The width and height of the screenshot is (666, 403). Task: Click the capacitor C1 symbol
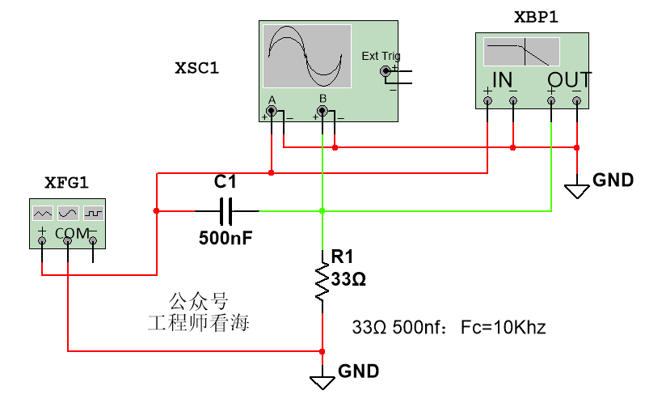226,211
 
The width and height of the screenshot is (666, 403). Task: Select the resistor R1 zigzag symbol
322,281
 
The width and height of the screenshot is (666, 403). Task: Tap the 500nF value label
226,238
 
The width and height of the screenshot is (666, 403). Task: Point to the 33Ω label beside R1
348,279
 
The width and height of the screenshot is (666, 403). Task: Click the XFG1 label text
67,183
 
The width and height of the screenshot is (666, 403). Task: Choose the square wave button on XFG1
94,213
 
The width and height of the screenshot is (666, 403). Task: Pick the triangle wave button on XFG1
43,213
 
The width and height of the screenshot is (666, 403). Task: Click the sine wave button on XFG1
68,213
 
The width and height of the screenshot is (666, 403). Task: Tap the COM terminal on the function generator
68,241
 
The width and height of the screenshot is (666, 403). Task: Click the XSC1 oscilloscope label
197,68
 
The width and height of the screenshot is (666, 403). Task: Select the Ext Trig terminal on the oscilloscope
386,71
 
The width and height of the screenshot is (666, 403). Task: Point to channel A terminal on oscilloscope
272,112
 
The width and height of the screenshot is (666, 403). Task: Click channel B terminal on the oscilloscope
322,112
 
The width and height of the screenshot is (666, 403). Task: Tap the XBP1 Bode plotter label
536,18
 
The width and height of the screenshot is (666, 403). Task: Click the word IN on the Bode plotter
502,80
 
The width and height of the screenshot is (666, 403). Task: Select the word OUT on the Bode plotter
569,80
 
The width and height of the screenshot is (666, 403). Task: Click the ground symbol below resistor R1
322,383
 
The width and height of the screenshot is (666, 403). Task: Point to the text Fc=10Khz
504,328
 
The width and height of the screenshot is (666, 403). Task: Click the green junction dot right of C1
322,211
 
